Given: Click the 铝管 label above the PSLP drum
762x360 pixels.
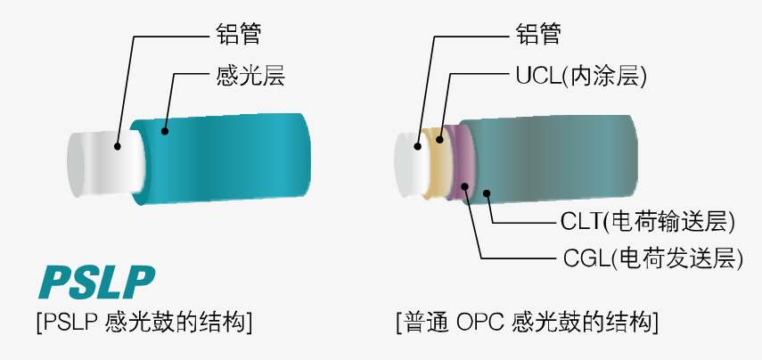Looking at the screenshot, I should pyautogui.click(x=239, y=35).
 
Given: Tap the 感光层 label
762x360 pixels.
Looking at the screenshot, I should pyautogui.click(x=250, y=76).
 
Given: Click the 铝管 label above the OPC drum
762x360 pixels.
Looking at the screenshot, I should pyautogui.click(x=539, y=35).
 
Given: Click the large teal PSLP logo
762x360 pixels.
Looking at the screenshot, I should pyautogui.click(x=96, y=282).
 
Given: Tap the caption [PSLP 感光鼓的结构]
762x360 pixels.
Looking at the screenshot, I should pyautogui.click(x=143, y=322).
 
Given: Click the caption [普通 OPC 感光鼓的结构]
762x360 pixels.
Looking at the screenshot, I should pyautogui.click(x=528, y=322).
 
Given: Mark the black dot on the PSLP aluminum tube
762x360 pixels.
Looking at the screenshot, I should pyautogui.click(x=117, y=144).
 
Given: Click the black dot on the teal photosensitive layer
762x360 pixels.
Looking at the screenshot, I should pyautogui.click(x=164, y=131).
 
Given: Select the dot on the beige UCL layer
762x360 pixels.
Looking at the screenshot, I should pyautogui.click(x=440, y=140).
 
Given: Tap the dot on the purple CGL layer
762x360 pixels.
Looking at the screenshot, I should pyautogui.click(x=465, y=185).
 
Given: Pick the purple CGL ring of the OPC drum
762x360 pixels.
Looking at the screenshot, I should pyautogui.click(x=461, y=160).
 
